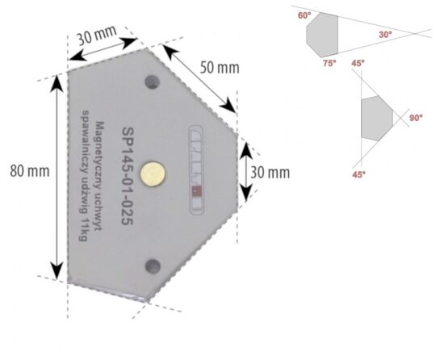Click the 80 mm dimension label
(x=26, y=172)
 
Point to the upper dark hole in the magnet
(x=151, y=81)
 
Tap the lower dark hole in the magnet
(x=150, y=265)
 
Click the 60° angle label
(x=303, y=15)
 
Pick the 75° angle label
(x=329, y=63)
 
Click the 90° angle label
(x=416, y=118)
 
